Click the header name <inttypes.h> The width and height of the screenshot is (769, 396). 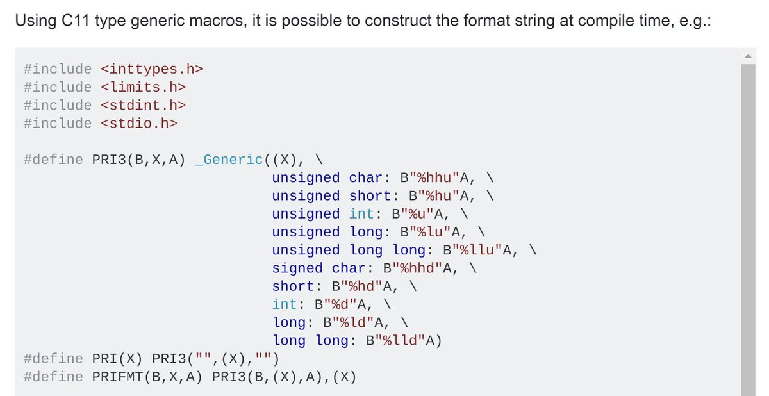pos(152,69)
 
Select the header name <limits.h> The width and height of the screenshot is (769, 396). pos(144,87)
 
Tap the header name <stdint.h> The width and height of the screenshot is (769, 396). pos(144,104)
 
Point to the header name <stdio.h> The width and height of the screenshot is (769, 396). pos(139,123)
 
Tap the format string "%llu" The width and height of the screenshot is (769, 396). pos(477,250)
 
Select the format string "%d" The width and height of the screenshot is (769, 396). pos(349,304)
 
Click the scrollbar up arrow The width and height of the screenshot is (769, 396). pos(748,56)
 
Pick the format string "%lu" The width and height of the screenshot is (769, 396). pos(426,232)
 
